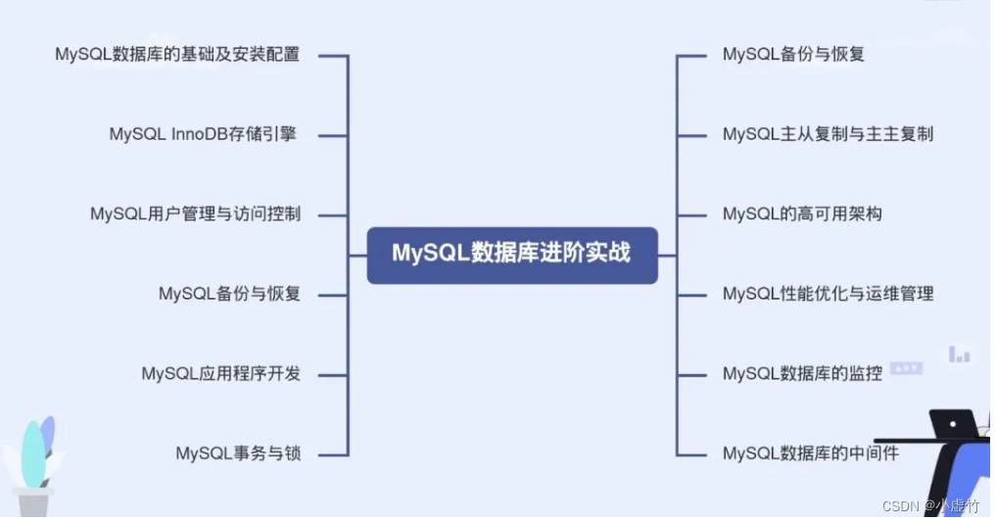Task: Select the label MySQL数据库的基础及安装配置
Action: click(x=177, y=54)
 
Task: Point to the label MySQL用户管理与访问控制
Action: click(x=195, y=214)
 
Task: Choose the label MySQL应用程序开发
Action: click(x=220, y=373)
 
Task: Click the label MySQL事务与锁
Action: click(x=238, y=452)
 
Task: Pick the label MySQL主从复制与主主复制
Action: click(x=828, y=134)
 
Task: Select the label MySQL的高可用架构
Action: click(x=802, y=214)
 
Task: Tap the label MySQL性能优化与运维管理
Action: click(x=828, y=293)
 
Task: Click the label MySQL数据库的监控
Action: click(x=802, y=373)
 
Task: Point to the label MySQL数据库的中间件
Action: click(x=810, y=452)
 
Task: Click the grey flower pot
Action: click(x=35, y=501)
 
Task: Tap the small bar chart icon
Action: click(x=959, y=355)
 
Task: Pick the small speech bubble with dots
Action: click(x=905, y=369)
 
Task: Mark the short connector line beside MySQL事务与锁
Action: click(x=333, y=453)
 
